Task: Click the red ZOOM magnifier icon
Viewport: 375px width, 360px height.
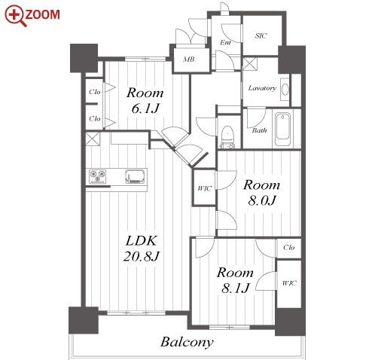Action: (15, 16)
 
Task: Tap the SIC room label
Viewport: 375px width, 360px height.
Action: (261, 35)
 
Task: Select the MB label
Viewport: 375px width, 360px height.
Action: (188, 59)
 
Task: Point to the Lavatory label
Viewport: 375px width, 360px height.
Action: (262, 88)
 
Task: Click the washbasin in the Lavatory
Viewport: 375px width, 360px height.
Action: (285, 90)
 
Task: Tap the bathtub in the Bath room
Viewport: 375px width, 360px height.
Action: (282, 129)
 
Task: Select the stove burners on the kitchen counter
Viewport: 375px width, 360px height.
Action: (97, 176)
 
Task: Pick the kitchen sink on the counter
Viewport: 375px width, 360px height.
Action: (136, 176)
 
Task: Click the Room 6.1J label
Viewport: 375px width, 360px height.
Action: (145, 100)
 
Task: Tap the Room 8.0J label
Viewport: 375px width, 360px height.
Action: (262, 193)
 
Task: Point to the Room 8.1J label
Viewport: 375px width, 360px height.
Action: (235, 280)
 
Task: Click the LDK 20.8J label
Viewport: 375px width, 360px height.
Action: (142, 249)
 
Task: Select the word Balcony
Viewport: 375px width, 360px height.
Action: (187, 343)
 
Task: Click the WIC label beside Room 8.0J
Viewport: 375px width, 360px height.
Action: (204, 188)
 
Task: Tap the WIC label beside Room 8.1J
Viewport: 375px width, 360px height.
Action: (289, 283)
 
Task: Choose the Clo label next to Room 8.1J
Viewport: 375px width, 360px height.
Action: (288, 248)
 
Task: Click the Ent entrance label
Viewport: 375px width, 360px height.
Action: (225, 43)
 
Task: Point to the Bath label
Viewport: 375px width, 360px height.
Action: (259, 130)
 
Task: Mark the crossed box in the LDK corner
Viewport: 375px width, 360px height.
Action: (93, 139)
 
